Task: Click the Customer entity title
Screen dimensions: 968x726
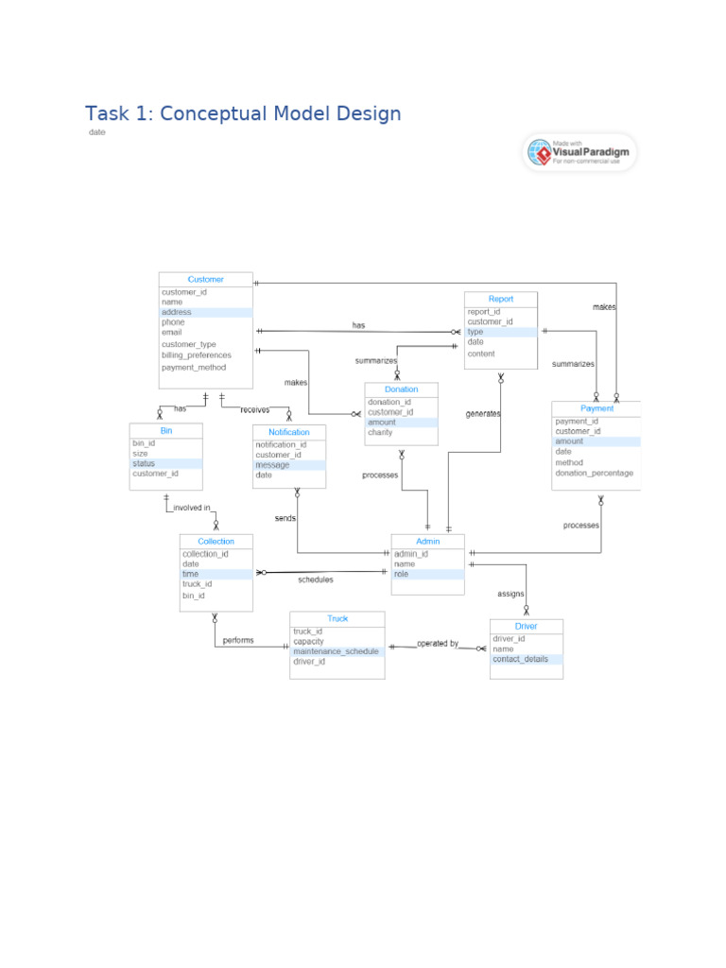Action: tap(205, 279)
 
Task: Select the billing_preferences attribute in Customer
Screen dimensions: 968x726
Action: tap(197, 355)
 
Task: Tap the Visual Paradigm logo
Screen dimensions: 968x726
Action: tap(579, 153)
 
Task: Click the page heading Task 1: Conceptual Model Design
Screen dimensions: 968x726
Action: tap(243, 113)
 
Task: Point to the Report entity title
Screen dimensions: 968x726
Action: tap(501, 299)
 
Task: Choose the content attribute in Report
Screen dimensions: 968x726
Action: tap(481, 354)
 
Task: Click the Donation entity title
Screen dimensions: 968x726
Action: tap(401, 389)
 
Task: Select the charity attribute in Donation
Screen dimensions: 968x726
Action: tap(380, 433)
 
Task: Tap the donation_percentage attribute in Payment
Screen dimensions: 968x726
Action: tap(595, 473)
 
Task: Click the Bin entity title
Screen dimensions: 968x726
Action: tap(165, 430)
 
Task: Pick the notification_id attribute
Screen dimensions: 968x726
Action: tap(281, 444)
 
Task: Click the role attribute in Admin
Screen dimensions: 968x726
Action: tap(402, 574)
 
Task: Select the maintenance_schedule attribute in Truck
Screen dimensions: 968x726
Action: tap(336, 651)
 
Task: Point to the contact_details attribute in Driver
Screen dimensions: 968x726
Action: tap(520, 659)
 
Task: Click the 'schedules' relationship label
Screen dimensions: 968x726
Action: tap(316, 579)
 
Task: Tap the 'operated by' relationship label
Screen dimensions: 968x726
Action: tap(438, 644)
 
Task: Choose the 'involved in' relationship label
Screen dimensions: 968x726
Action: tap(192, 508)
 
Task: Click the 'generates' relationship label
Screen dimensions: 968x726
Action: tap(483, 414)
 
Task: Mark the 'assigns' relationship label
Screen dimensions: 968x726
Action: tap(510, 594)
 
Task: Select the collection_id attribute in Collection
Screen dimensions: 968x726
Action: tap(205, 554)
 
